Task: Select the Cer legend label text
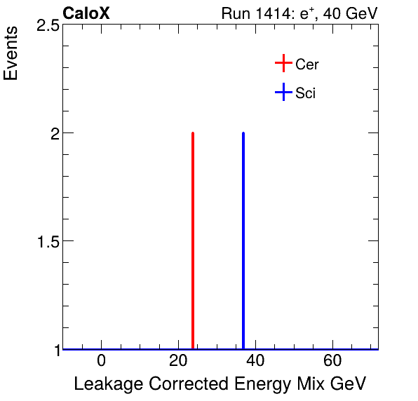click(x=307, y=64)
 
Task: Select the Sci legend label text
click(x=306, y=93)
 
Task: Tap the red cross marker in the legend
click(x=283, y=64)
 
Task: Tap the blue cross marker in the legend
click(x=283, y=93)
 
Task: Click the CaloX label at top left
click(x=86, y=13)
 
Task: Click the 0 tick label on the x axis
click(x=102, y=362)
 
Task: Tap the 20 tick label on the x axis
click(x=179, y=362)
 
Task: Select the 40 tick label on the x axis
click(x=255, y=362)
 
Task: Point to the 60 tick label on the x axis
click(x=332, y=362)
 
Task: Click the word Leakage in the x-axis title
click(x=105, y=384)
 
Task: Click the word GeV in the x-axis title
click(x=348, y=384)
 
